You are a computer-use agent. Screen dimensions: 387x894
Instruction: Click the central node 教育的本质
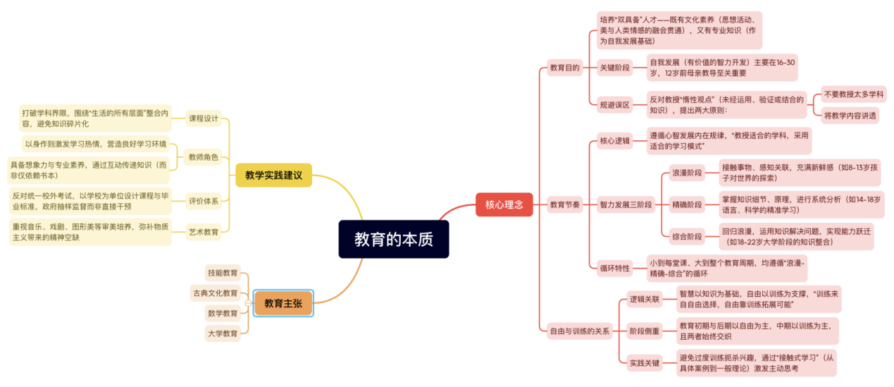pos(393,239)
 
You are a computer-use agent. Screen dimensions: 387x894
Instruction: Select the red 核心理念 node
pos(504,204)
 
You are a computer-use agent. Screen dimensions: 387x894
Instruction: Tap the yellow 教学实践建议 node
pos(273,175)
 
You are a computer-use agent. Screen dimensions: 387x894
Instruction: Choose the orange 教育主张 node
pos(283,304)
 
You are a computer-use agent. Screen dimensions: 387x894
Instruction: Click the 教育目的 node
pos(564,68)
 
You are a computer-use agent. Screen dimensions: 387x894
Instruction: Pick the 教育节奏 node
pos(564,204)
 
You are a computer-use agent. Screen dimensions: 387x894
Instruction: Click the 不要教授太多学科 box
pos(854,94)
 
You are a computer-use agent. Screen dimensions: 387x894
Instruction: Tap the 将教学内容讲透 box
pos(850,115)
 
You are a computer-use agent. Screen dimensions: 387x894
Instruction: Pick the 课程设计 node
pos(204,118)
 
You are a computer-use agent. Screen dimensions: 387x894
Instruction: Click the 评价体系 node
pos(204,202)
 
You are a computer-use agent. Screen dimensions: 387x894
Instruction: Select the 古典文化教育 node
pos(215,293)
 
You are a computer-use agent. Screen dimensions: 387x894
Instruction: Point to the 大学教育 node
pos(223,333)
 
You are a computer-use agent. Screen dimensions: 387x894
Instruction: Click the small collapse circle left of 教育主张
pos(248,304)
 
